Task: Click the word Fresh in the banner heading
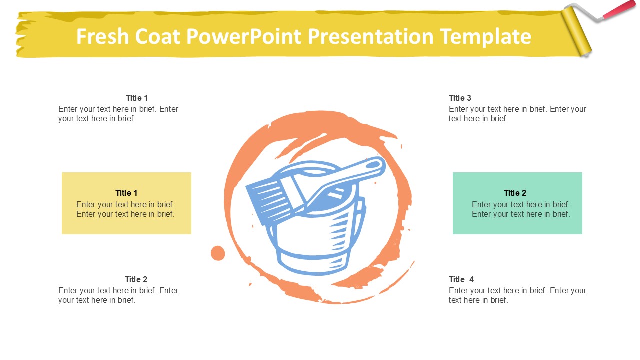[x=103, y=36]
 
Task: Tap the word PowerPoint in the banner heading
[x=244, y=36]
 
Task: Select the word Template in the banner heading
[x=485, y=37]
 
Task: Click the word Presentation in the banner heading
[x=371, y=36]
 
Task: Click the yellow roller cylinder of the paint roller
[x=576, y=31]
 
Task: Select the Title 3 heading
[x=460, y=98]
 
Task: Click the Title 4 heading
[x=461, y=279]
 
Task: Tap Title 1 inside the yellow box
[x=126, y=193]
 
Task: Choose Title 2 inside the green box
[x=515, y=193]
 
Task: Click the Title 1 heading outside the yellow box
[x=137, y=98]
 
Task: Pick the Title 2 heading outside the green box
[x=136, y=279]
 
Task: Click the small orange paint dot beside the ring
[x=218, y=253]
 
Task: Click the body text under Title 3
[x=517, y=114]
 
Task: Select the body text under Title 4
[x=517, y=295]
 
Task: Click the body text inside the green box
[x=521, y=209]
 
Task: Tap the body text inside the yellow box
[x=125, y=209]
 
